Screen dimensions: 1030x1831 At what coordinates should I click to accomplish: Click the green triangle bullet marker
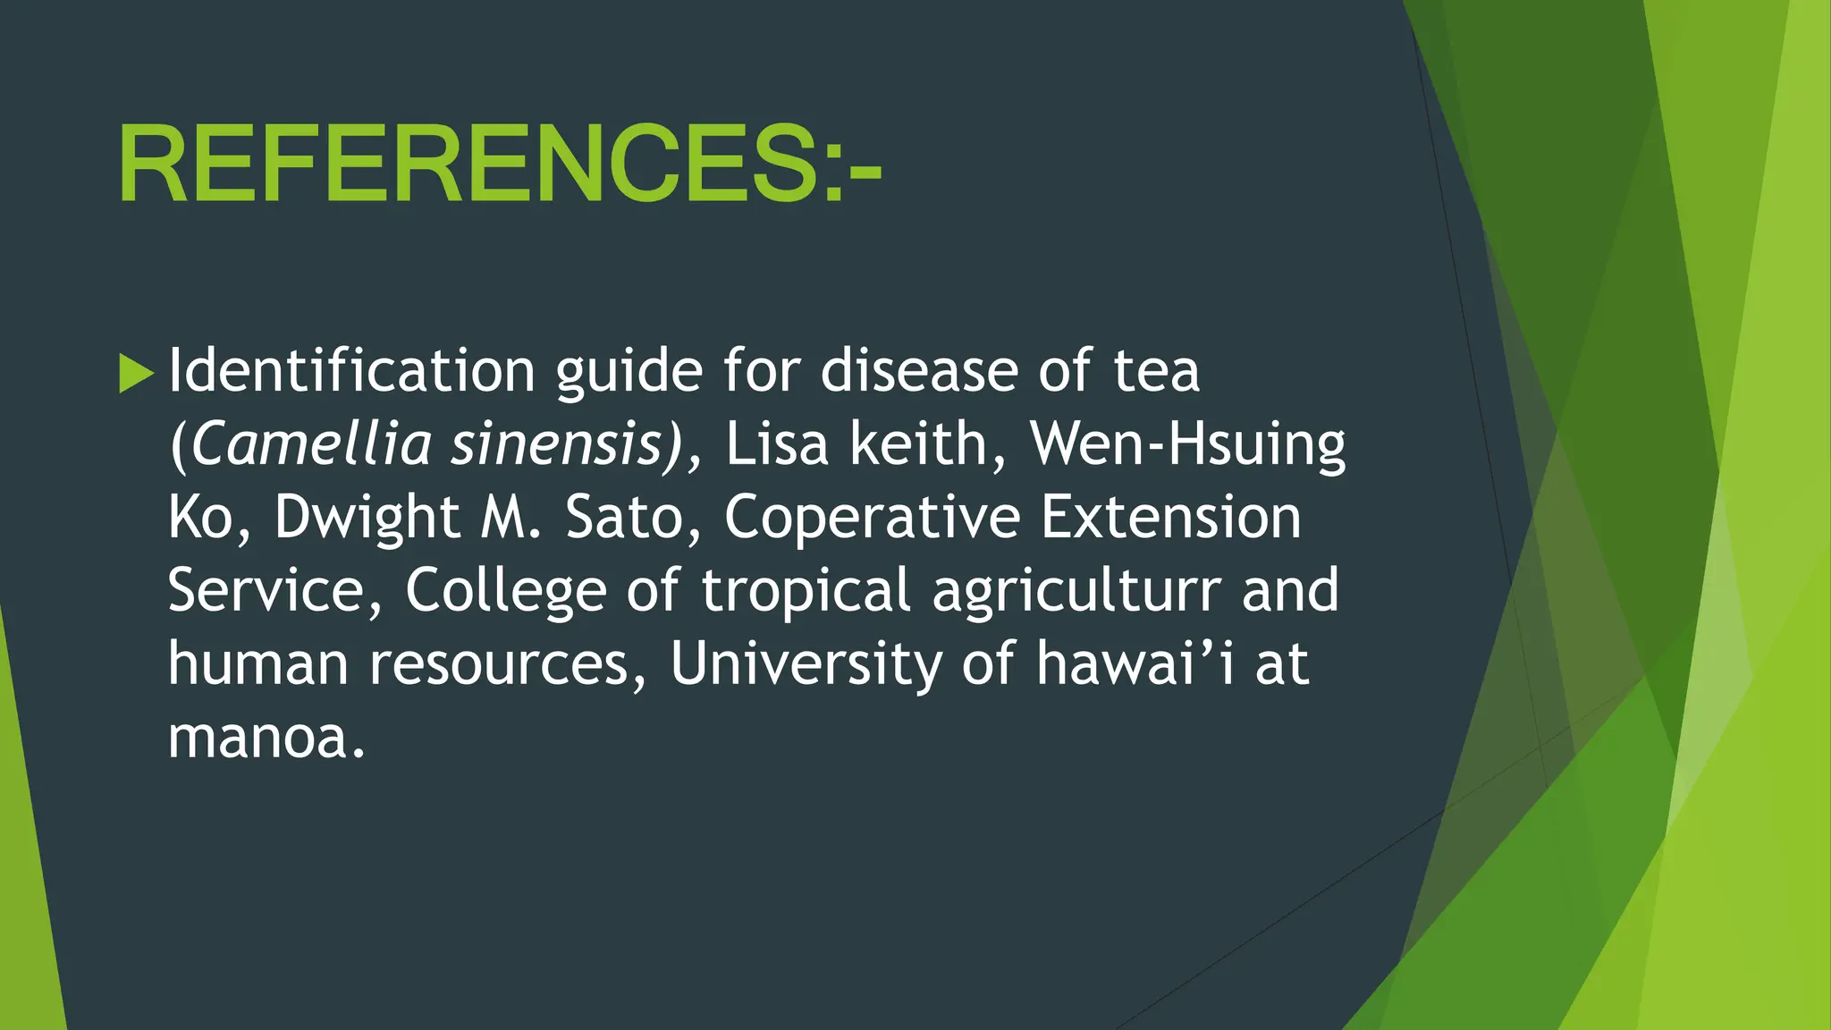pyautogui.click(x=136, y=373)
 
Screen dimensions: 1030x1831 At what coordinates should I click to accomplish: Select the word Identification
pyautogui.click(x=351, y=370)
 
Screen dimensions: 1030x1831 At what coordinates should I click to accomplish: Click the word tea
pyautogui.click(x=1156, y=372)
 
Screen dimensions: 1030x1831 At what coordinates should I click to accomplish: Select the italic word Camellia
pyautogui.click(x=311, y=444)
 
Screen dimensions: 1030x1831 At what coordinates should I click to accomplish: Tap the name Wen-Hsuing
pyautogui.click(x=1187, y=444)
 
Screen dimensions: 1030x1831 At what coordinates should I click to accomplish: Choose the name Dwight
pyautogui.click(x=367, y=519)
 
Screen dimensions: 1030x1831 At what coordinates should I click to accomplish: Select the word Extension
pyautogui.click(x=1171, y=518)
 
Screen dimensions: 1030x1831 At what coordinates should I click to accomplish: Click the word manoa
pyautogui.click(x=266, y=738)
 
